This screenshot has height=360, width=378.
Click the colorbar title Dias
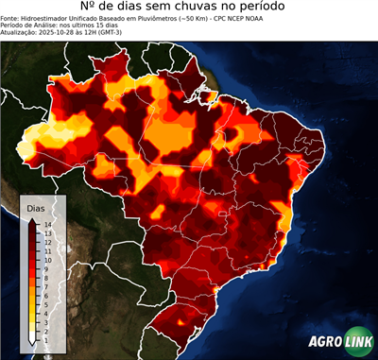36,206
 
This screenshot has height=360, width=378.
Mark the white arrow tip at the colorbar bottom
32,340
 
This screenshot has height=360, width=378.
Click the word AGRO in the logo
325,342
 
